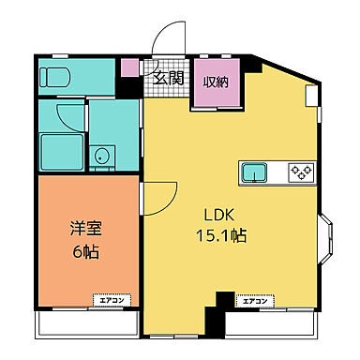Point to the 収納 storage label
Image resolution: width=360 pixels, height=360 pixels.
pyautogui.click(x=217, y=80)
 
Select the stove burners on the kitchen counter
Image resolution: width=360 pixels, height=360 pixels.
pyautogui.click(x=302, y=172)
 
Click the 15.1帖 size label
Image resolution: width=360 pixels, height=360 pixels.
pyautogui.click(x=222, y=236)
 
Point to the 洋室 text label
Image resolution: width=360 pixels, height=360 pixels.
pyautogui.click(x=84, y=228)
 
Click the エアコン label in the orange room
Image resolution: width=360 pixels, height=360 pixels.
pyautogui.click(x=111, y=301)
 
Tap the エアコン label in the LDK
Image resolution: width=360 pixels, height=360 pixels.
pyautogui.click(x=256, y=301)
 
